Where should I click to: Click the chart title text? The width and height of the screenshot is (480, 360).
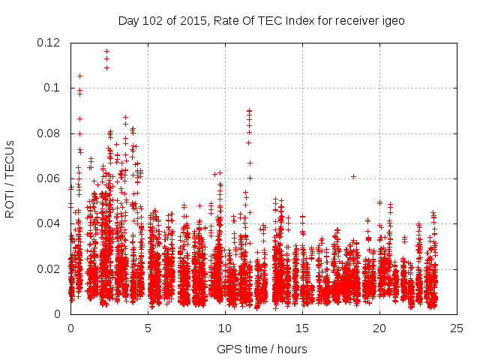tap(261, 20)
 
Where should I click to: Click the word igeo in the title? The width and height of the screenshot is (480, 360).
tap(392, 20)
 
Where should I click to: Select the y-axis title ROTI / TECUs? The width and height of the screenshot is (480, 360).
tap(10, 178)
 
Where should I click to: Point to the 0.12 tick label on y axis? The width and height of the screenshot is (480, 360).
tap(50, 43)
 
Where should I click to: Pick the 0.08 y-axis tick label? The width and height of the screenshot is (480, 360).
tap(50, 133)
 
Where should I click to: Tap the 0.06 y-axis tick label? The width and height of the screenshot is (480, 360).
tap(50, 178)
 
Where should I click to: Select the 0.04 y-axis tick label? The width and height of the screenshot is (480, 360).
tap(50, 223)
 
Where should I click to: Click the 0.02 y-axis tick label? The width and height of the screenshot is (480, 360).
tap(50, 269)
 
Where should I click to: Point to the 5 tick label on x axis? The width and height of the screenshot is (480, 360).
tap(148, 328)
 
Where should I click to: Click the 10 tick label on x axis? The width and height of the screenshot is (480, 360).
tap(225, 328)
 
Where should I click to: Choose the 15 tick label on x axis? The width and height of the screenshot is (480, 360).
tap(302, 328)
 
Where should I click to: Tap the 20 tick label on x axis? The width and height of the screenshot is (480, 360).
tap(379, 328)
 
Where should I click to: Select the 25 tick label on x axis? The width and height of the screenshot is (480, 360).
tap(457, 328)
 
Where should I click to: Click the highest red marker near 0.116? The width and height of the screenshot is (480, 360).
tap(106, 51)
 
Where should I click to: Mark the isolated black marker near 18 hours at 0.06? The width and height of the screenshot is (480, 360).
tap(353, 176)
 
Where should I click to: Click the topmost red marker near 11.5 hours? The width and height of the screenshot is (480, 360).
tap(249, 110)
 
